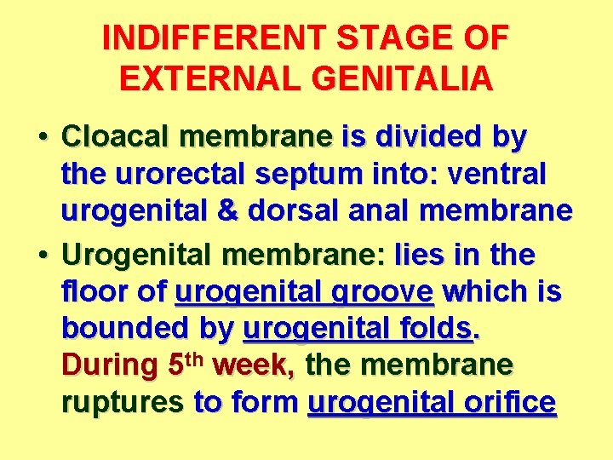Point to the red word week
(x=254, y=365)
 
